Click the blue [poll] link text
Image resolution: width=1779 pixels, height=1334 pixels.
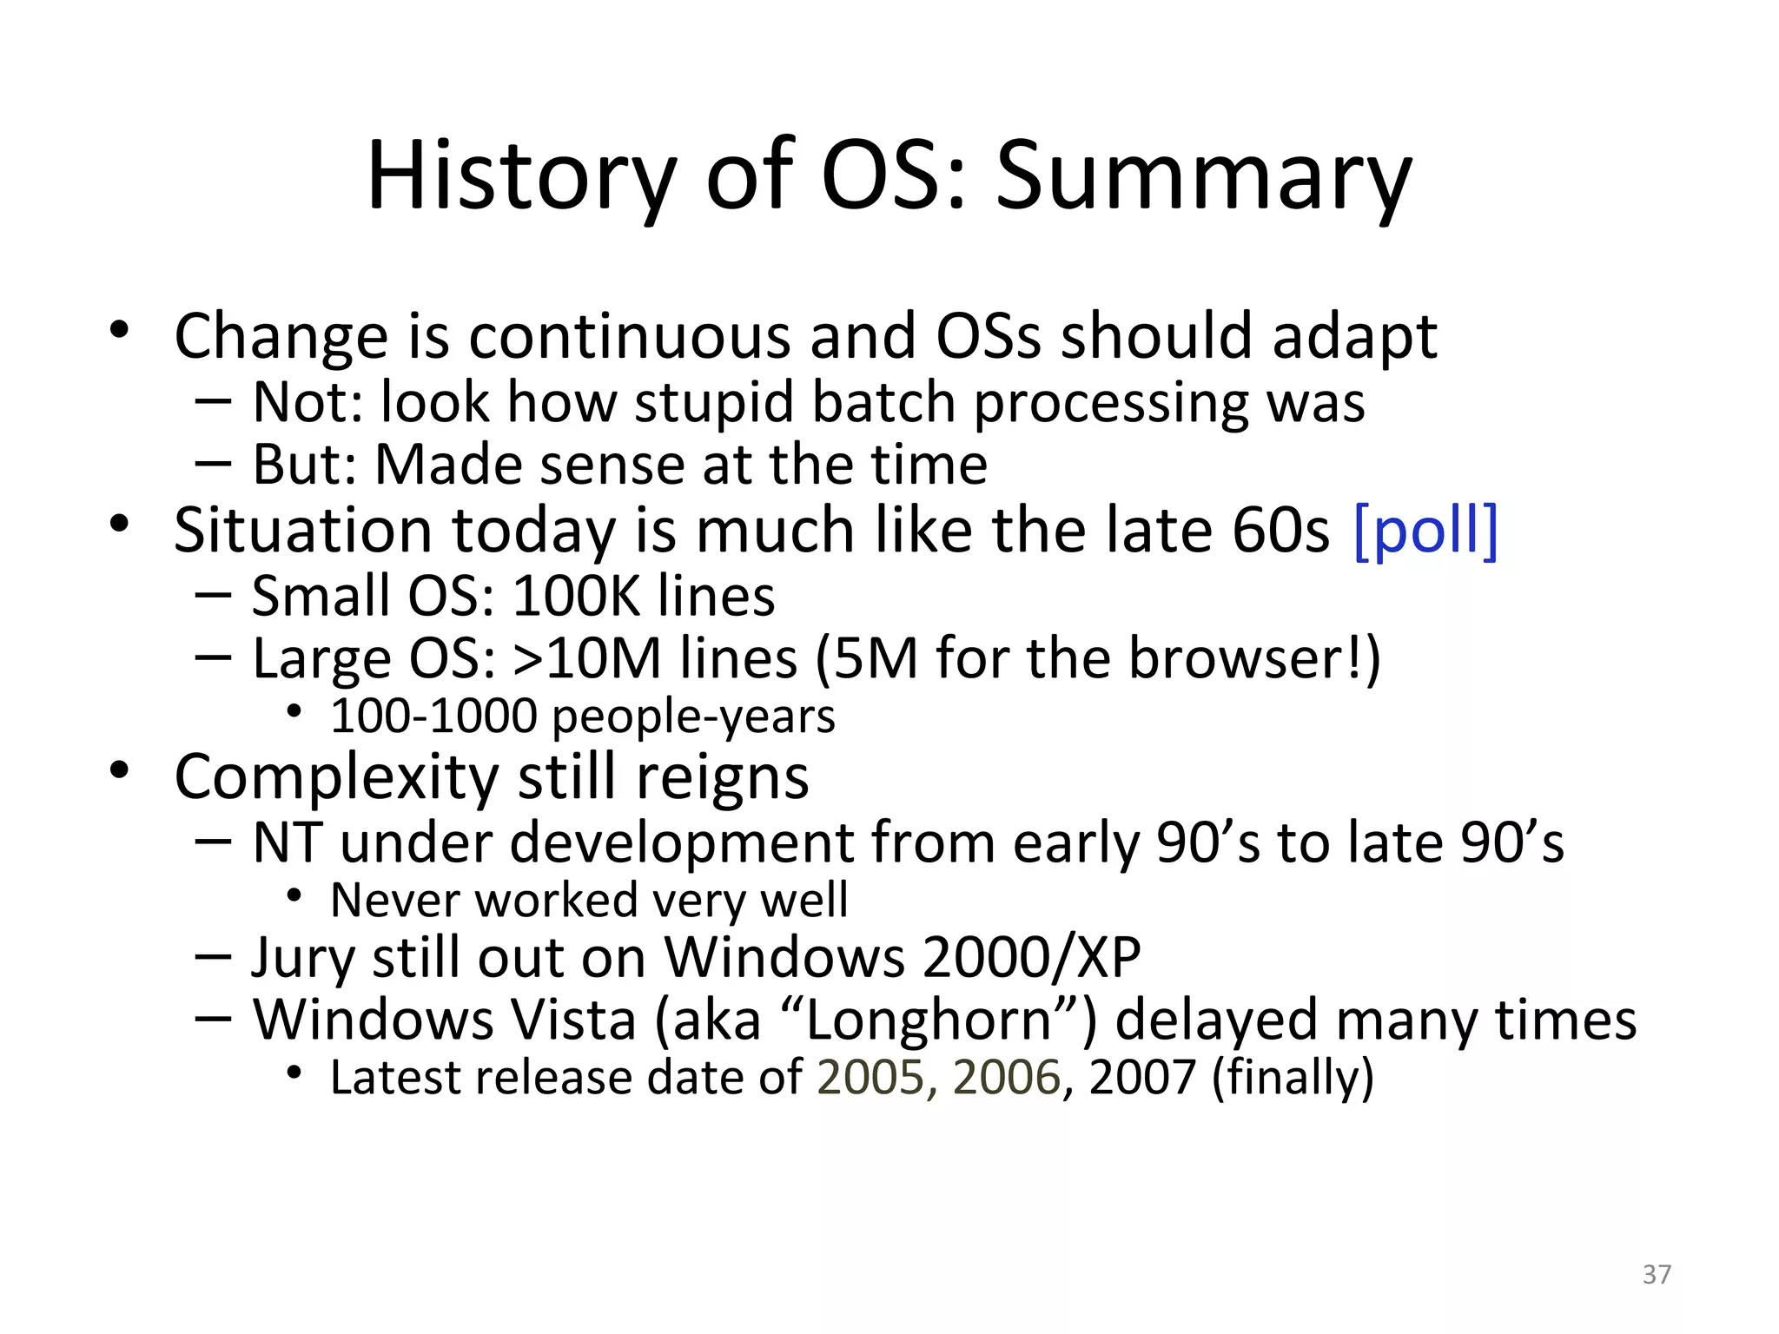click(x=1425, y=531)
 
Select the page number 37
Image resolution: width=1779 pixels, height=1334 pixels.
click(x=1657, y=1274)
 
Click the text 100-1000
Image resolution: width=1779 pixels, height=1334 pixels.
click(x=433, y=717)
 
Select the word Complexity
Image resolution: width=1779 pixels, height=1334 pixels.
click(x=336, y=777)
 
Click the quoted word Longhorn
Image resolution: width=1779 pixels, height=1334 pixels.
click(x=929, y=1020)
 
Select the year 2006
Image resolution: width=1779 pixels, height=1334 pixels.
click(x=1007, y=1078)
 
